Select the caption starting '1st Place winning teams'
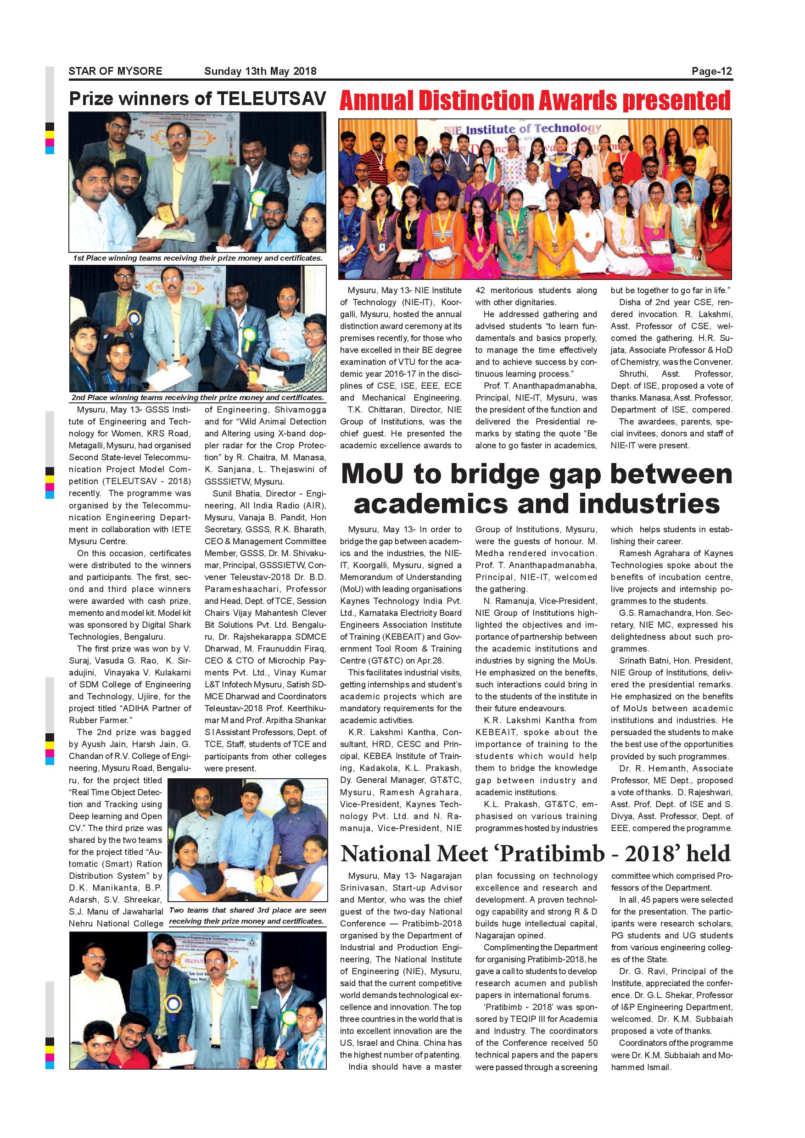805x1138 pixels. tap(197, 258)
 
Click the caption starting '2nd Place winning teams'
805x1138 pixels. tap(197, 397)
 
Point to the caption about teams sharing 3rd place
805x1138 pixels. tap(247, 916)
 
